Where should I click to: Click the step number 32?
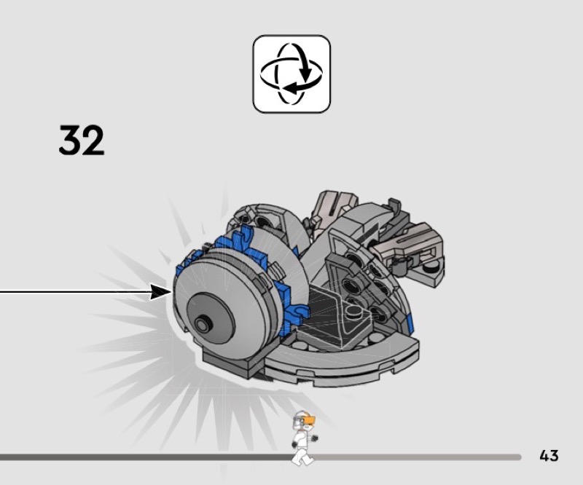(x=82, y=140)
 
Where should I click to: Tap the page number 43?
(x=549, y=455)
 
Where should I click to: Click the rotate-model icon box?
(x=291, y=74)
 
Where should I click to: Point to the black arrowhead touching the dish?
(x=160, y=292)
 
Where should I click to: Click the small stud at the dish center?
(x=203, y=325)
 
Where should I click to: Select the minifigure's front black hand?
(x=315, y=438)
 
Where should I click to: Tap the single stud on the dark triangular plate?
(x=351, y=312)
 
